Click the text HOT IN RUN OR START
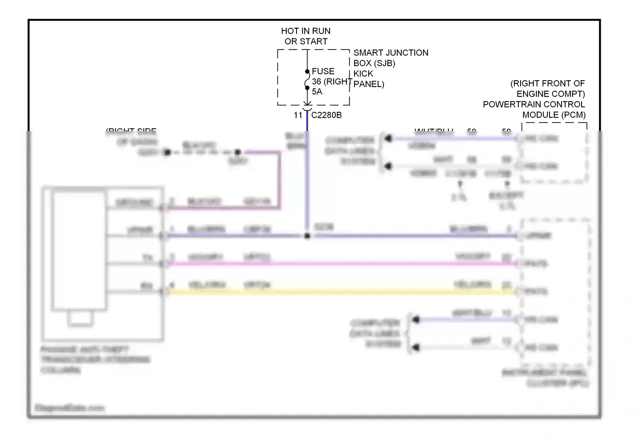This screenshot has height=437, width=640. (x=305, y=36)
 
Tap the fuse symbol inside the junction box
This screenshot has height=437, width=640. (x=307, y=80)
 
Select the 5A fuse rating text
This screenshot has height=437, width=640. (x=317, y=92)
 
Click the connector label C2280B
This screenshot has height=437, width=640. (x=326, y=115)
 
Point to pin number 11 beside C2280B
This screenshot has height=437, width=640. (x=298, y=115)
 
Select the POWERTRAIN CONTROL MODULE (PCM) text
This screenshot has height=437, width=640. (x=534, y=110)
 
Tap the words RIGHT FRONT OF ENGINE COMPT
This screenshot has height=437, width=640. (x=547, y=88)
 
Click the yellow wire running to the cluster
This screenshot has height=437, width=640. (x=341, y=292)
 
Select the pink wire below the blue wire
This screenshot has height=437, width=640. (x=341, y=264)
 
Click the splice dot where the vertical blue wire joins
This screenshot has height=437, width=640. (x=307, y=236)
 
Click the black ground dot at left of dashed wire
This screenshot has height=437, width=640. (x=167, y=152)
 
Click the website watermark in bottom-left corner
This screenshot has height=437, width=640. (x=70, y=408)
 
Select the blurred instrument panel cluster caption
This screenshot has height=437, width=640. (x=545, y=378)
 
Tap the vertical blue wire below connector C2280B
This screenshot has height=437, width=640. (x=307, y=179)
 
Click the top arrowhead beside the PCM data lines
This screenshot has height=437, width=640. (x=388, y=138)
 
